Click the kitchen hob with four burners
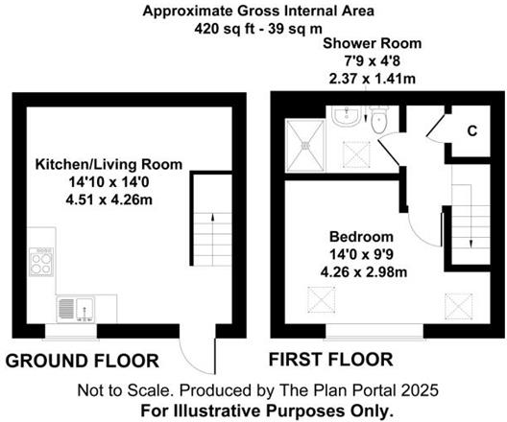tap(43, 262)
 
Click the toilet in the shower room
tap(379, 122)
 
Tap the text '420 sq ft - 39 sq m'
tap(253, 29)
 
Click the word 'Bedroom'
tap(361, 237)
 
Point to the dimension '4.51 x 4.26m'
tap(95, 200)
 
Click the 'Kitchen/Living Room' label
tap(96, 165)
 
